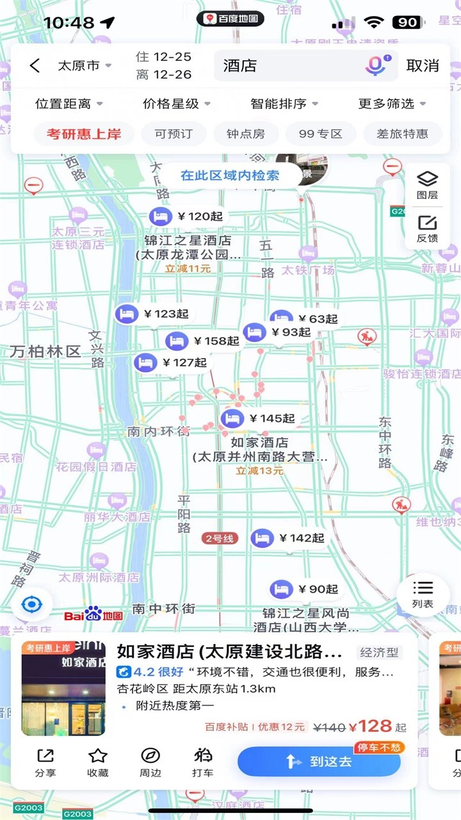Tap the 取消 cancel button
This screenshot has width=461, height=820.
(423, 65)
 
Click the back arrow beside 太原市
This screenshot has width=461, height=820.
(35, 65)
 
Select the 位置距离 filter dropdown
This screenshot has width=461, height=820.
(69, 104)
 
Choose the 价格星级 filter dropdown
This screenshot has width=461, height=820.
(176, 104)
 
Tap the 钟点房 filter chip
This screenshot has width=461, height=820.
(245, 134)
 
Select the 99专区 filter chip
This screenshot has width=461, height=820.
(321, 134)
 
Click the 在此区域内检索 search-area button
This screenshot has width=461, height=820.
(230, 175)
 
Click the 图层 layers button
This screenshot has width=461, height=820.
(427, 184)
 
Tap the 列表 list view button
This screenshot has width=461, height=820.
(423, 594)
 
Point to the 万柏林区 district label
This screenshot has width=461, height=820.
(45, 351)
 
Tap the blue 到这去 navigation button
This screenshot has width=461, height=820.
(319, 761)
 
